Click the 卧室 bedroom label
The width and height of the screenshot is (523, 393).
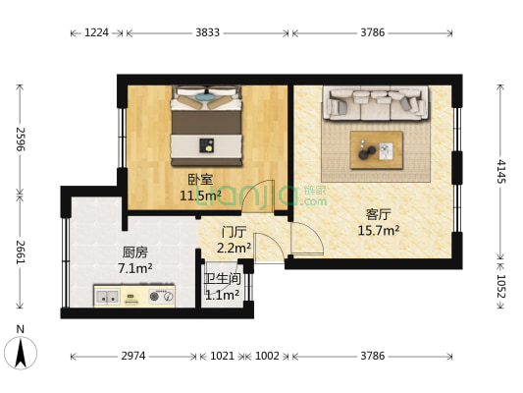pyautogui.click(x=200, y=179)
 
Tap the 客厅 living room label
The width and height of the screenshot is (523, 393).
pyautogui.click(x=380, y=213)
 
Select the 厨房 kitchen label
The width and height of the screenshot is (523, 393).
pyautogui.click(x=135, y=251)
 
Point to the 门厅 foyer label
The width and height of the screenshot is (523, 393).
pyautogui.click(x=234, y=233)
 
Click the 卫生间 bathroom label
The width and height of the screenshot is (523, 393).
pyautogui.click(x=222, y=278)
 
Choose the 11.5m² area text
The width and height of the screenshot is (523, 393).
pyautogui.click(x=200, y=195)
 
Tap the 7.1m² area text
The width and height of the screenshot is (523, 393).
pyautogui.click(x=135, y=267)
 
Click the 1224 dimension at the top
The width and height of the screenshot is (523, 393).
pyautogui.click(x=96, y=32)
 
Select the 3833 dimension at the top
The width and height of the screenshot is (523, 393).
pyautogui.click(x=207, y=32)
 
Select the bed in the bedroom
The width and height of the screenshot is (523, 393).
pyautogui.click(x=206, y=125)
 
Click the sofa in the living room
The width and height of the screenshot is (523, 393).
pyautogui.click(x=377, y=102)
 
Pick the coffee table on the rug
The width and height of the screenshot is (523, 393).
pyautogui.click(x=377, y=145)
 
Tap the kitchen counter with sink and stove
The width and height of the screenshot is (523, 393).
pyautogui.click(x=134, y=295)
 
